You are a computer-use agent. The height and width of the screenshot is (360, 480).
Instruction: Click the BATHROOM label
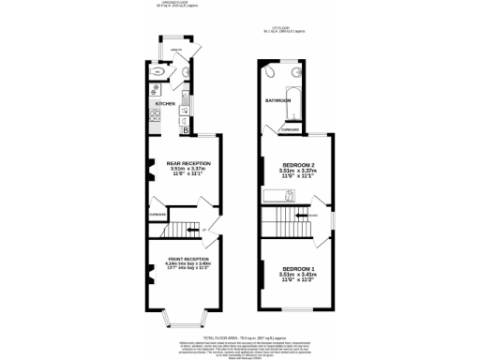point(277,99)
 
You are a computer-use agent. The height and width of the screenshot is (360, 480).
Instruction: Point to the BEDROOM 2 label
point(299,164)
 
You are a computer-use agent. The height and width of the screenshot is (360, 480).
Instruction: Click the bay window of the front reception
point(182,316)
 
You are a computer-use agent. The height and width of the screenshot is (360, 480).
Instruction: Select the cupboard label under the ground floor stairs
point(157,215)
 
